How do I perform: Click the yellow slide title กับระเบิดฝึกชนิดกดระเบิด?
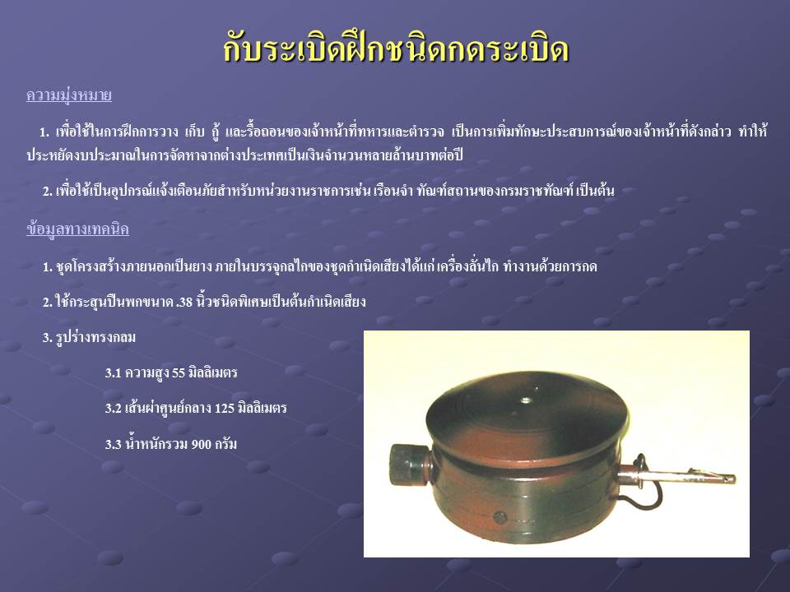[x=396, y=49]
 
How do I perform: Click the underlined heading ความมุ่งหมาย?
[x=69, y=95]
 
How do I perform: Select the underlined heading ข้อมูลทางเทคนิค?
[x=77, y=229]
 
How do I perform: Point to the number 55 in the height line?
[x=179, y=373]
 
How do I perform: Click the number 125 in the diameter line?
[x=225, y=408]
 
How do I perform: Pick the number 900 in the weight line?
[x=201, y=444]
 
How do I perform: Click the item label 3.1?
[x=114, y=373]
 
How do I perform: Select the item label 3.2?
[x=114, y=408]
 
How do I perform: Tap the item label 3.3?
[x=114, y=444]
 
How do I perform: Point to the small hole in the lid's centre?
[x=526, y=400]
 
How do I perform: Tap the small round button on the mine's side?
[x=500, y=517]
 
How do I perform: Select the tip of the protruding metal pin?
[x=735, y=479]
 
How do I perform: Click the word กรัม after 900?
[x=226, y=444]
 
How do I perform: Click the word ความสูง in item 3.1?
[x=146, y=373]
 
